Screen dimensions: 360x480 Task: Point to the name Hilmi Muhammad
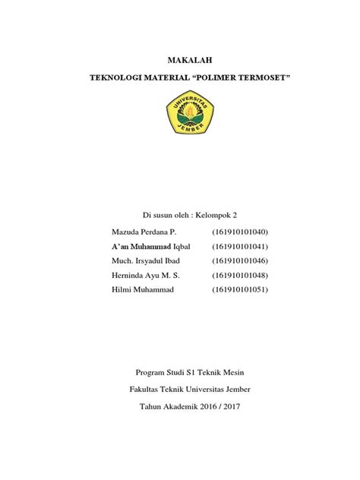[x=142, y=289]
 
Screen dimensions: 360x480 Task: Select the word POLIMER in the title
[x=207, y=78]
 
